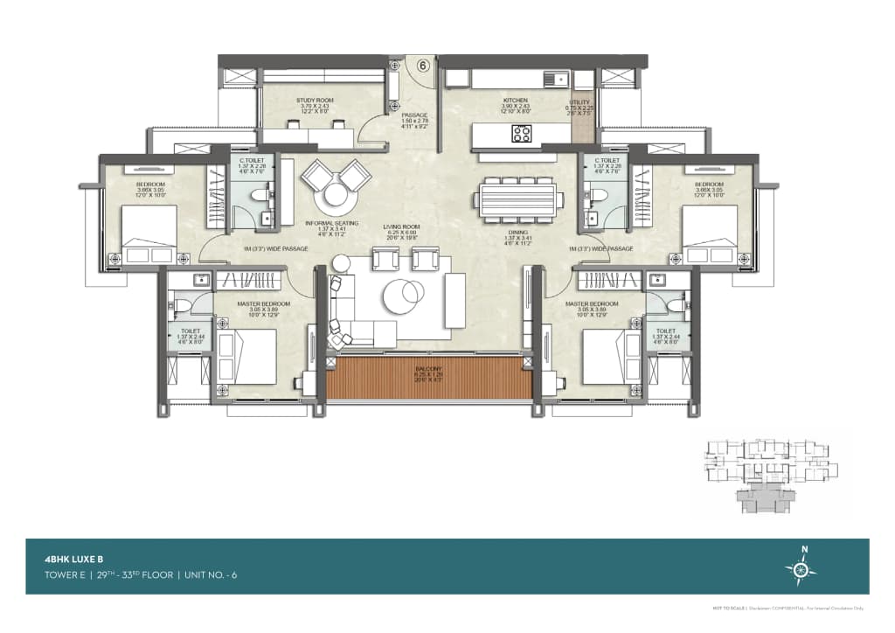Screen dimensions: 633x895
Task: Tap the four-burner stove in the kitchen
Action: (522, 134)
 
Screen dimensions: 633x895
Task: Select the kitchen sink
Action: (557, 79)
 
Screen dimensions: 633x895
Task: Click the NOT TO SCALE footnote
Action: (727, 607)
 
